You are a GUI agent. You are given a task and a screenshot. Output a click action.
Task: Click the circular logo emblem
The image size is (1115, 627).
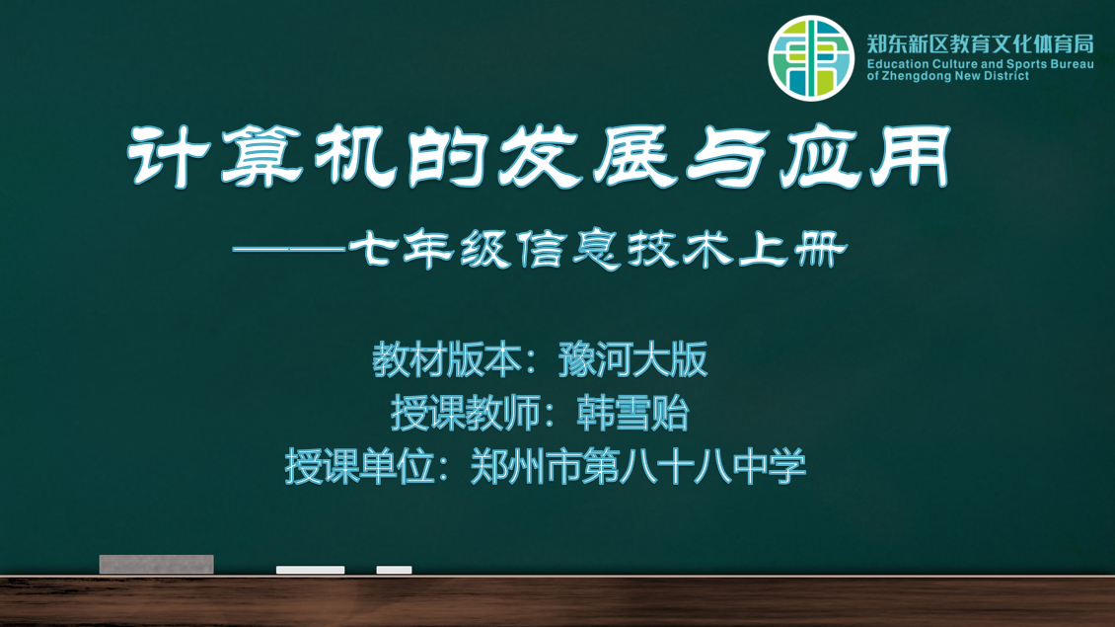click(811, 57)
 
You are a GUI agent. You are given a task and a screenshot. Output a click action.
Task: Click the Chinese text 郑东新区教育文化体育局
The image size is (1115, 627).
click(980, 44)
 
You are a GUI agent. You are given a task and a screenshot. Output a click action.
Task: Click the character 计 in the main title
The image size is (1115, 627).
click(170, 156)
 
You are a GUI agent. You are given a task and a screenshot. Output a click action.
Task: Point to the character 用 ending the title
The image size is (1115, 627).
click(911, 156)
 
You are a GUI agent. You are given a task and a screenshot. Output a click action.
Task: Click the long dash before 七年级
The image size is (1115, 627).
click(289, 250)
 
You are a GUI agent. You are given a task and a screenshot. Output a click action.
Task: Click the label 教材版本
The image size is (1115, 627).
click(447, 359)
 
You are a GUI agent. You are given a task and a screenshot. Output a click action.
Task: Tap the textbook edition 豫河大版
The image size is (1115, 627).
click(632, 359)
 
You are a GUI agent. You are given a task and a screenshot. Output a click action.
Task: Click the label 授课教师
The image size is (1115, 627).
click(466, 413)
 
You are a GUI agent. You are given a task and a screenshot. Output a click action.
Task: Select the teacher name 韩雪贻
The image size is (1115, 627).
click(632, 413)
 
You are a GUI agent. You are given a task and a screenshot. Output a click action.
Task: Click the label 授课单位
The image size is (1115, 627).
click(360, 467)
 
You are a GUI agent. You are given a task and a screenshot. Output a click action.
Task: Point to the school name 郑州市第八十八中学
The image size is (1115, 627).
click(638, 467)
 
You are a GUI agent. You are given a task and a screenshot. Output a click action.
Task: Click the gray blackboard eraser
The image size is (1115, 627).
click(157, 565)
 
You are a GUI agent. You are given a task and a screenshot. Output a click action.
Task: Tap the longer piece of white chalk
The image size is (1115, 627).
click(310, 570)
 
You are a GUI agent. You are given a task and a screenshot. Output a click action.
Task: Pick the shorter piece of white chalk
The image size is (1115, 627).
click(394, 570)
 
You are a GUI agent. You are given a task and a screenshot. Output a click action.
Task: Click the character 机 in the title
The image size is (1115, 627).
click(355, 156)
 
